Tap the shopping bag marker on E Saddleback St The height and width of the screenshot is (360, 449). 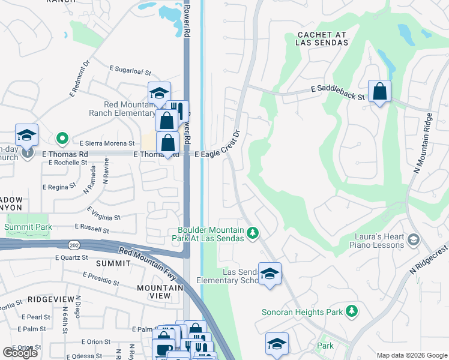click(379, 92)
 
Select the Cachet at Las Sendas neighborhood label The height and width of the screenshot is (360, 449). click(322, 38)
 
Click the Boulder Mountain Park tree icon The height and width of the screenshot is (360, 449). click(253, 232)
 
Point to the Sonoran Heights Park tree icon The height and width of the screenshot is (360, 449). click(352, 311)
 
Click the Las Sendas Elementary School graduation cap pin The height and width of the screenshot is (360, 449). click(270, 275)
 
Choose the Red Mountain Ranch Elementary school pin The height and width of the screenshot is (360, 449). click(159, 94)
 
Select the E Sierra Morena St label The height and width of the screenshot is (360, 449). click(107, 144)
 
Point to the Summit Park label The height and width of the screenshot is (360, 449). click(28, 227)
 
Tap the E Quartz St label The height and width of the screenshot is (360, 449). click(71, 257)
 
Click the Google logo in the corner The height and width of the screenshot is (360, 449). click(20, 353)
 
